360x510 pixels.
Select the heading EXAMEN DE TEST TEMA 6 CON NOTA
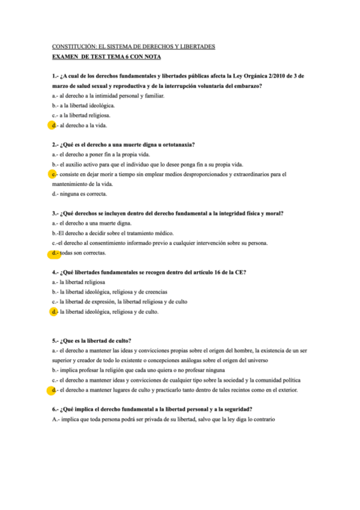[106, 57]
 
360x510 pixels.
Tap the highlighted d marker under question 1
[53, 125]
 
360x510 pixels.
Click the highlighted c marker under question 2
[53, 174]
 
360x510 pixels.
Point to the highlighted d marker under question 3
[55, 253]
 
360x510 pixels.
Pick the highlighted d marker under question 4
[53, 312]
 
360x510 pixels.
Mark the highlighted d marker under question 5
[53, 390]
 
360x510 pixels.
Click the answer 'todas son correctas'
[82, 253]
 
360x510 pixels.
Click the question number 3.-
[56, 214]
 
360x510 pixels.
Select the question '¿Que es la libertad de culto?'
[96, 340]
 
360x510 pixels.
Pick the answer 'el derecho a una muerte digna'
[88, 224]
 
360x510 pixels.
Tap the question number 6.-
[56, 409]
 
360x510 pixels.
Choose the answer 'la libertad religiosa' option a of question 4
[82, 282]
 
